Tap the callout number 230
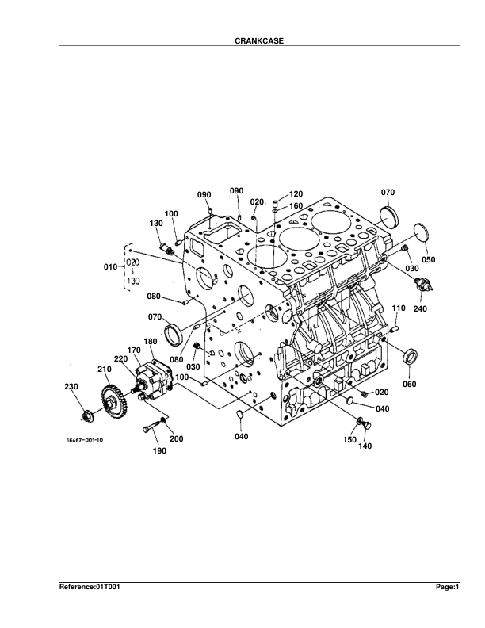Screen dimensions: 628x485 (x=71, y=386)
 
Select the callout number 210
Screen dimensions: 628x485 (x=104, y=370)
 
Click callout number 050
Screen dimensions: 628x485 (x=428, y=259)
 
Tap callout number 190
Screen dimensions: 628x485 (x=160, y=451)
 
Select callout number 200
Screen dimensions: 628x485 (x=176, y=438)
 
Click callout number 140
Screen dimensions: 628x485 (x=365, y=446)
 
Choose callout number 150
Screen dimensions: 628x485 (x=349, y=438)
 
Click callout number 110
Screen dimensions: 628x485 (x=399, y=308)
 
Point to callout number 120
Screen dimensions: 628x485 (x=296, y=193)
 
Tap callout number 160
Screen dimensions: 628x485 (x=296, y=206)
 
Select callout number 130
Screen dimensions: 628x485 (x=156, y=224)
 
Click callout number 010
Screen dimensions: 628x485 (x=111, y=266)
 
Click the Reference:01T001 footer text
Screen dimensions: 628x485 (x=90, y=587)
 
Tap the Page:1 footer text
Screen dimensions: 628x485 (x=447, y=587)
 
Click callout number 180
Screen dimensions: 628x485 (x=150, y=341)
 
